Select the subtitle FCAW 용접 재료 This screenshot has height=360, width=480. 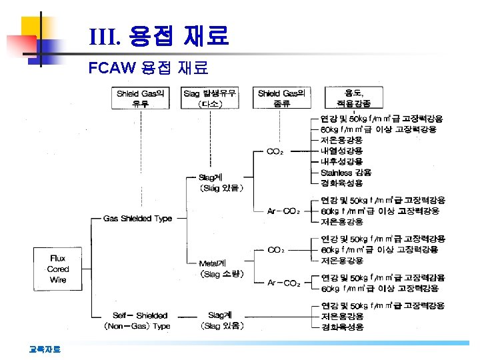pos(149,67)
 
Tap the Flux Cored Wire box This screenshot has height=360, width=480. pos(58,269)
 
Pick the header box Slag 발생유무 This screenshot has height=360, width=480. pos(209,99)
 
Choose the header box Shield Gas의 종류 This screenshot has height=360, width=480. pos(281,99)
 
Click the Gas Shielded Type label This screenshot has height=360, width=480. pos(137,219)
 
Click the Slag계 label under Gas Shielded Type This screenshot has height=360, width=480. pos(222,183)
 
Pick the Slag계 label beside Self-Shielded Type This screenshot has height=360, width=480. pos(223,320)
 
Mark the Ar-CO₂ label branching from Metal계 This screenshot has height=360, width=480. pos(283,283)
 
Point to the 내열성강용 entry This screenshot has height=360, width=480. pos(342,151)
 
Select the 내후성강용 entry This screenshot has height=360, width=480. pos(342,161)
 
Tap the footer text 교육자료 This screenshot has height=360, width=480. pos(45,349)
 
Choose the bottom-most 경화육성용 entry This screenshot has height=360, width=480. pos(342,327)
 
